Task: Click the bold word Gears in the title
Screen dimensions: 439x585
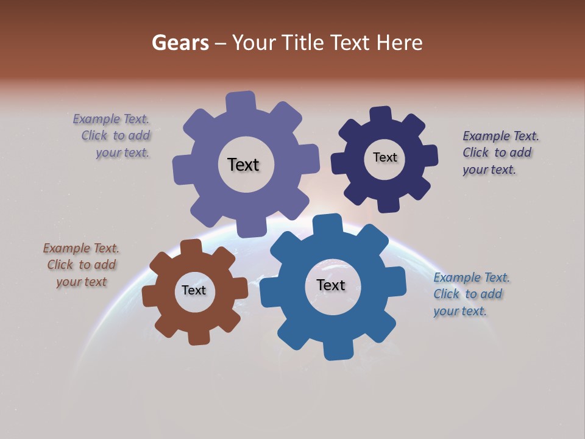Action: [x=180, y=43]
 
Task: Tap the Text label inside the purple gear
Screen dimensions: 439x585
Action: [x=243, y=165]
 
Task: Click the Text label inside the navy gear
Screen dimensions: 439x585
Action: [x=385, y=157]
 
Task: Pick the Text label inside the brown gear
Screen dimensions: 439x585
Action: [x=193, y=290]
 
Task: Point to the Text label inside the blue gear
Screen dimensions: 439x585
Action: [x=331, y=285]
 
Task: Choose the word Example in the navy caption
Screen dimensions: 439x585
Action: [x=486, y=136]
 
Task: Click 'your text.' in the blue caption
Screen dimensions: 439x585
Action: [x=459, y=311]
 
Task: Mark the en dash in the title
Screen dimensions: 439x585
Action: [x=221, y=43]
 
